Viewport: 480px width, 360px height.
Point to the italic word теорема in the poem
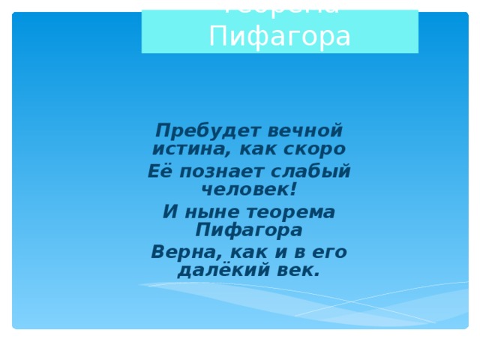coord(292,212)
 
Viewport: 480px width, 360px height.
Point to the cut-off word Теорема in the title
coord(280,7)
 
